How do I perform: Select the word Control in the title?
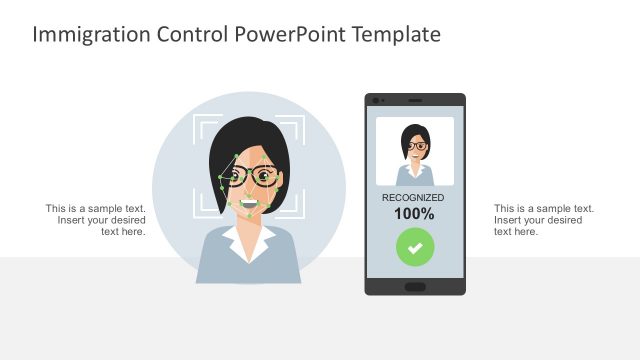(x=191, y=35)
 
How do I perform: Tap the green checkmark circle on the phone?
(x=414, y=246)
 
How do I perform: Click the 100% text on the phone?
(x=414, y=213)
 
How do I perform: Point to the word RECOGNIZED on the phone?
(x=414, y=198)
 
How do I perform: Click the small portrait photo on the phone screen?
(x=414, y=151)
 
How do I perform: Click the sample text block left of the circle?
(x=96, y=220)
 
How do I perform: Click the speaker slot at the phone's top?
(x=414, y=100)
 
